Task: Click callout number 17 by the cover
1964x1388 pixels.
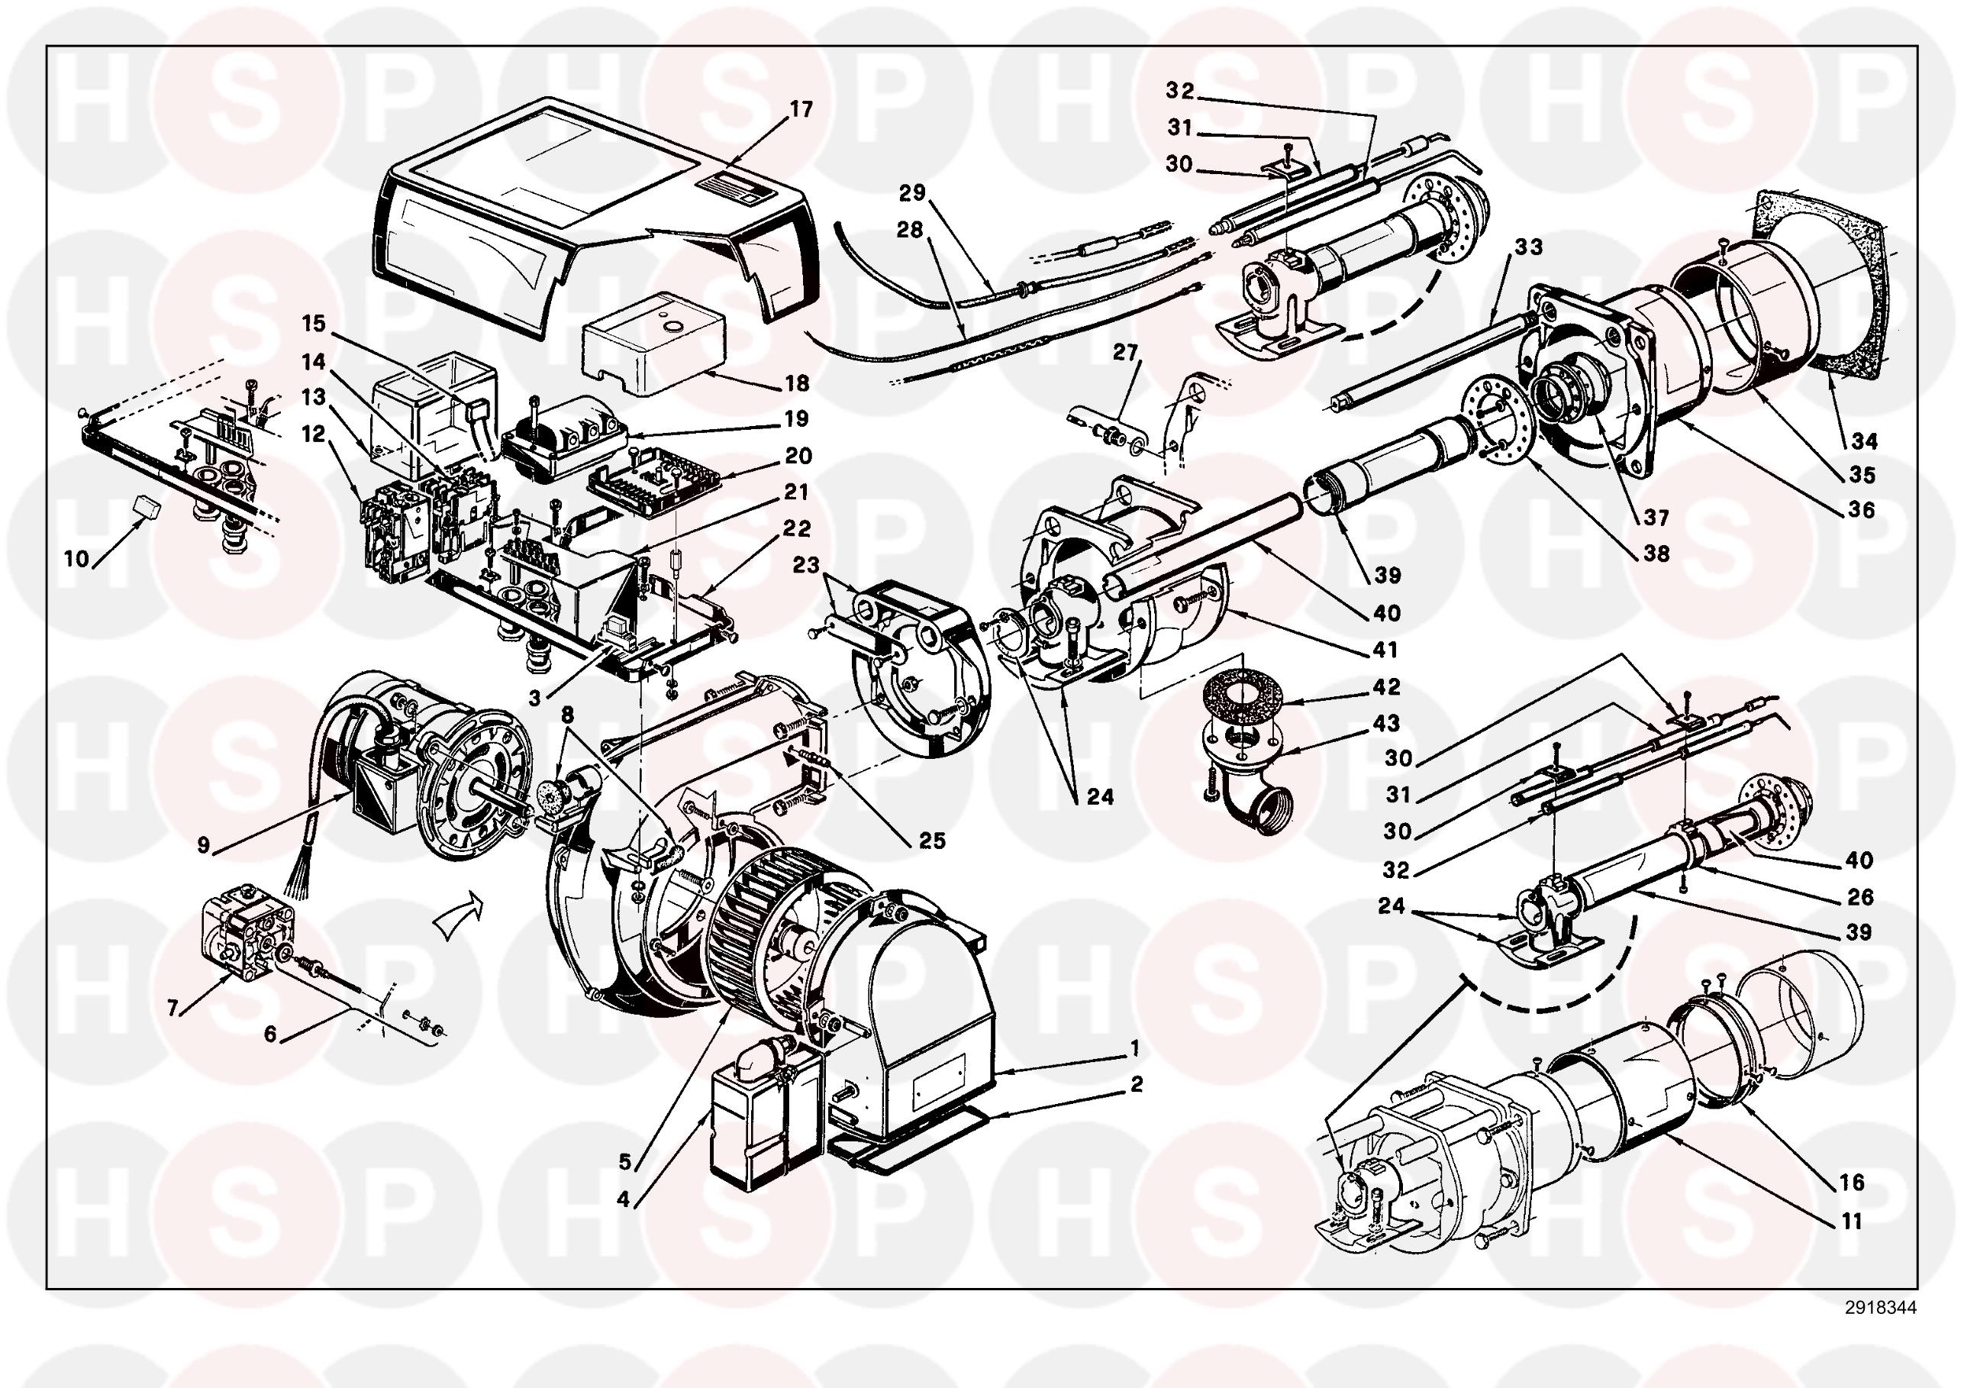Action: [x=801, y=109]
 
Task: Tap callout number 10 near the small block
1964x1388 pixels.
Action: [x=77, y=559]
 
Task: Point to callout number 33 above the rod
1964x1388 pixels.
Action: [x=1529, y=247]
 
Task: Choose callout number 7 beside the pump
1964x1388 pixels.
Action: [x=173, y=1009]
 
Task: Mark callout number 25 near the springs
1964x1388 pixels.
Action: [x=933, y=841]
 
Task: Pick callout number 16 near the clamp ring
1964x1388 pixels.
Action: [x=1852, y=1183]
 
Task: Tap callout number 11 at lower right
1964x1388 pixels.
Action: [x=1852, y=1221]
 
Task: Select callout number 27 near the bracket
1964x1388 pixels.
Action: [x=1127, y=353]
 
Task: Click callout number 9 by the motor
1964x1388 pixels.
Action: [x=203, y=845]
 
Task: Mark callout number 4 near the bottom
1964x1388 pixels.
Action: [x=623, y=1199]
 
